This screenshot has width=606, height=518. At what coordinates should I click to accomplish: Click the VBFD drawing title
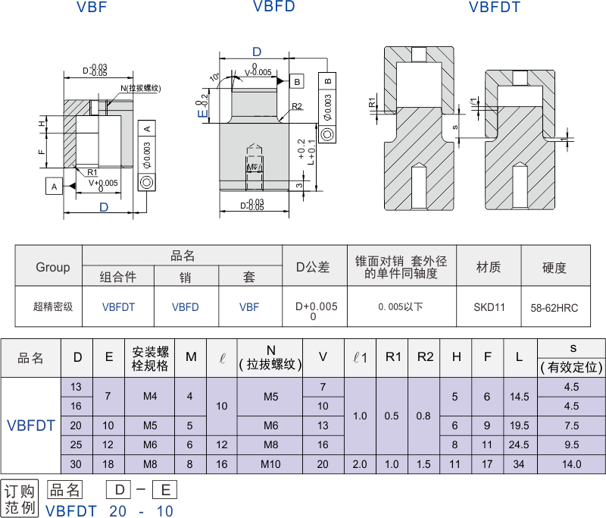(x=273, y=8)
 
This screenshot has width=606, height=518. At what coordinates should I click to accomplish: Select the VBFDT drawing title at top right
(x=494, y=8)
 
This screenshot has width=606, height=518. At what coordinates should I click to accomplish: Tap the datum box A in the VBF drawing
(x=53, y=186)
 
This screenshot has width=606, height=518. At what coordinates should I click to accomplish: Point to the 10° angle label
(x=215, y=77)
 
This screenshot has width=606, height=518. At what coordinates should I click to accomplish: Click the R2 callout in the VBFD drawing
(x=297, y=106)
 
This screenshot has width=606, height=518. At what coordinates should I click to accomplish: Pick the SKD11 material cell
(x=489, y=307)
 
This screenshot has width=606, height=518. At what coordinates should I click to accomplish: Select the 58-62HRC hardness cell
(x=554, y=307)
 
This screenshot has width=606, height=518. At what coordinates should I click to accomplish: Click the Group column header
(x=52, y=267)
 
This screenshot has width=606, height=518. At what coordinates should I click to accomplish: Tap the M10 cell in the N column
(x=270, y=464)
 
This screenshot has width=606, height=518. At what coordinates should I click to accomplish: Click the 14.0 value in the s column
(x=571, y=464)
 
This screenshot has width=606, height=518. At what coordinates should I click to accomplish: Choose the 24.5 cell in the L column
(x=520, y=444)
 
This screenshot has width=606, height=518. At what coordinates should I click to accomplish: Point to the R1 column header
(x=392, y=356)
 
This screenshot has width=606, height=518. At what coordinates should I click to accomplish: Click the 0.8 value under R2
(x=425, y=416)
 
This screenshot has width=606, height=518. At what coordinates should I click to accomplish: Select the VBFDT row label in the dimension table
(x=30, y=425)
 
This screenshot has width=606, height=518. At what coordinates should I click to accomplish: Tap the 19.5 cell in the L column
(x=520, y=425)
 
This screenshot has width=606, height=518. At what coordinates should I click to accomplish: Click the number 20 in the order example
(x=117, y=511)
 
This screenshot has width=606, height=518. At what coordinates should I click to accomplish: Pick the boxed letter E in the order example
(x=165, y=490)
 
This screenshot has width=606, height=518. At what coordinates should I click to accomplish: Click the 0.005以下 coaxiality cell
(x=401, y=307)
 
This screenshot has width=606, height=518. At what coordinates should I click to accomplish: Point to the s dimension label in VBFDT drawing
(x=455, y=127)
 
